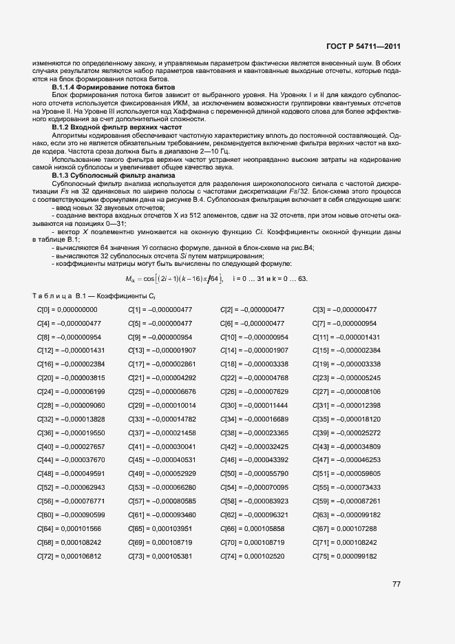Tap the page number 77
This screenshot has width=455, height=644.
[x=396, y=584]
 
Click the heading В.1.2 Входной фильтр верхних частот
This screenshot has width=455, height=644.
[x=116, y=127]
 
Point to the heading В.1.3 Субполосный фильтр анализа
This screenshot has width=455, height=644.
[x=114, y=176]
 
